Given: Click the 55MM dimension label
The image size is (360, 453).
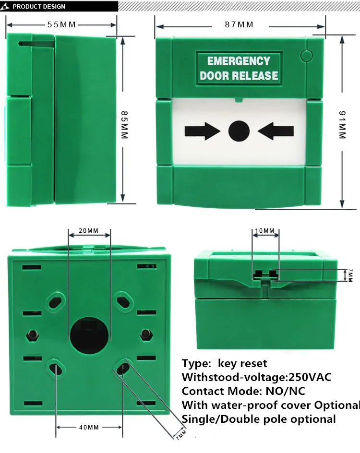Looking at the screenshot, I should [x=61, y=24].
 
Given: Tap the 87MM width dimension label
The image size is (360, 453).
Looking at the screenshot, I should [x=239, y=24].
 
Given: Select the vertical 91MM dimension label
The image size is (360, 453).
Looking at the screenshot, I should [x=342, y=125].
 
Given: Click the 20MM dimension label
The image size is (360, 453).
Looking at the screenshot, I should [x=88, y=231].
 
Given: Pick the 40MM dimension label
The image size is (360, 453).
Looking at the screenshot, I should [x=89, y=427].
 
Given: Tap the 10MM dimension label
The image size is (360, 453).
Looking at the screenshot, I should [x=264, y=231].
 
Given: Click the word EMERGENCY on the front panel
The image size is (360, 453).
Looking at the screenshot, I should [x=239, y=61].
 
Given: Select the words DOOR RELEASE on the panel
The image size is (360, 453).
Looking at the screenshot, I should [x=239, y=76].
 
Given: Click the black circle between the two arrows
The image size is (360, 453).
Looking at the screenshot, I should [x=239, y=131].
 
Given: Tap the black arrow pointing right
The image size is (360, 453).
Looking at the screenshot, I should [x=202, y=131].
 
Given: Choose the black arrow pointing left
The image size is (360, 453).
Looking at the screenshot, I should [x=276, y=131].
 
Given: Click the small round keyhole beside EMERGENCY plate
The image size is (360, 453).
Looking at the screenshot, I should [x=306, y=55].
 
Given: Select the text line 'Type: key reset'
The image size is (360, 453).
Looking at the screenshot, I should [x=224, y=363].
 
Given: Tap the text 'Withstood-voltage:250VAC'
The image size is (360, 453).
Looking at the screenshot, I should [x=256, y=377].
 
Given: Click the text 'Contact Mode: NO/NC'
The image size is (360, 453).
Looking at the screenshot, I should [x=243, y=391].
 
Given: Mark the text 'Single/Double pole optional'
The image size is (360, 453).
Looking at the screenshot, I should [x=258, y=419].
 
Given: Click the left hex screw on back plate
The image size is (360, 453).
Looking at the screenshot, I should [x=33, y=334].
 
